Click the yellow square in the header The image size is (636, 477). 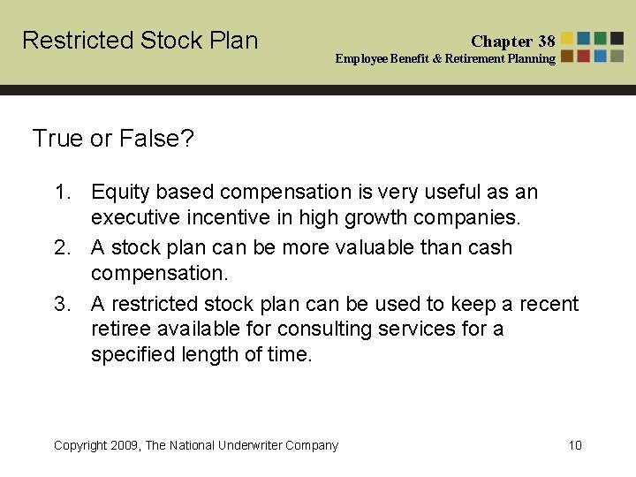point(567,38)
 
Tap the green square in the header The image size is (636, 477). point(601,38)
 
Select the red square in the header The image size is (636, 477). point(584,56)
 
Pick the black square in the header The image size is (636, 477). point(617,38)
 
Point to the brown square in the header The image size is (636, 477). point(567,56)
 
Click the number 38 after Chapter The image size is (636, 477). point(546,41)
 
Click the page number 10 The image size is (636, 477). point(575,445)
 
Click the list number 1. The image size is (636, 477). point(61,192)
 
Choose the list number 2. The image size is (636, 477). point(61,247)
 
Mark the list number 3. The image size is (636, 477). point(61,304)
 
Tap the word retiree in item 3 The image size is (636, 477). point(119,329)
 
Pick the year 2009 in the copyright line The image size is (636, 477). point(125,445)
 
